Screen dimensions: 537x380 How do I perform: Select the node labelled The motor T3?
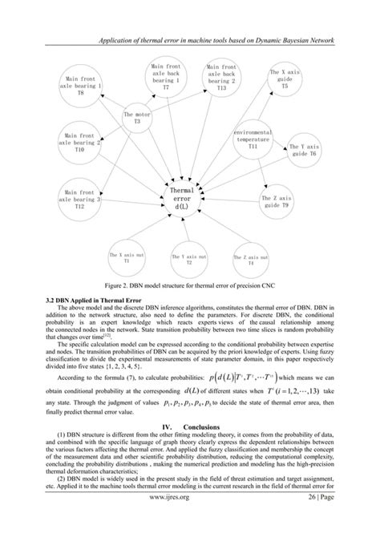pos(137,119)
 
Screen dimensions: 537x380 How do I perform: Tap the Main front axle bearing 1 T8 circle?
pos(83,87)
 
